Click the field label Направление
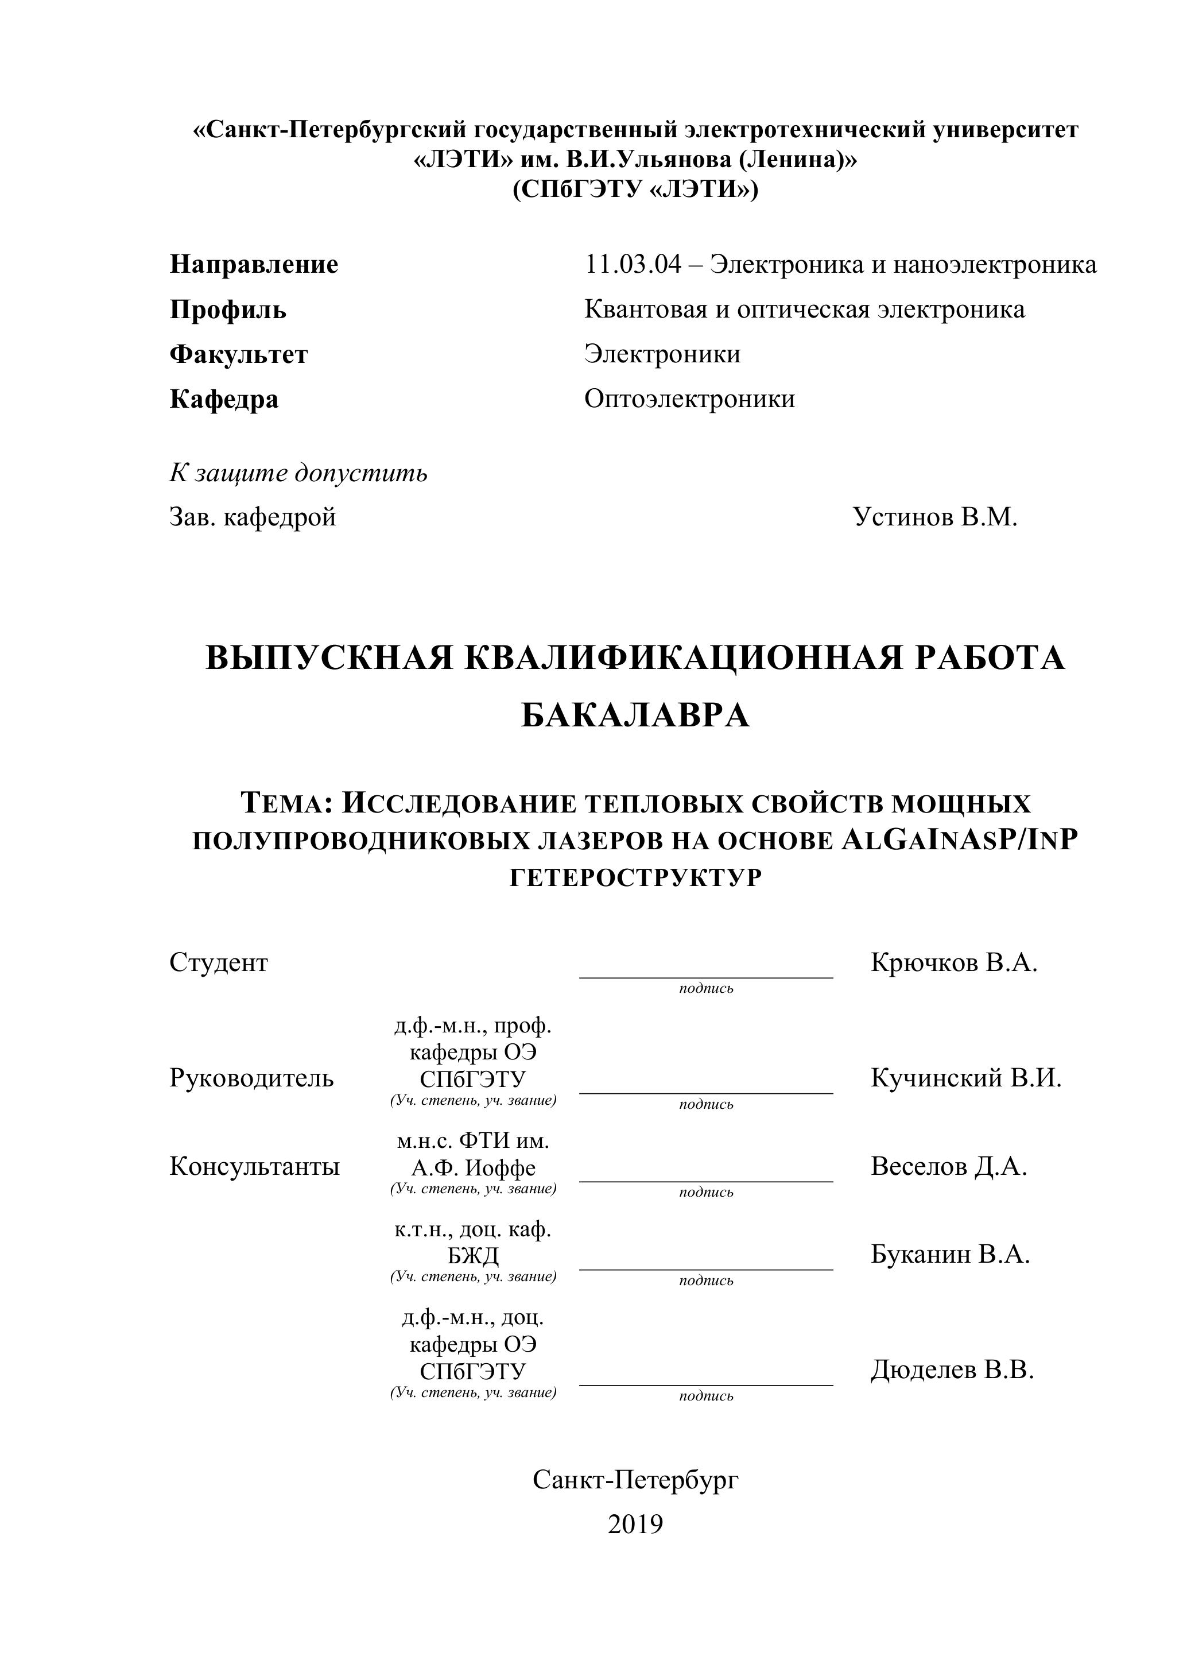pyautogui.click(x=254, y=265)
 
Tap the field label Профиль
pyautogui.click(x=228, y=310)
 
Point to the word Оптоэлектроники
pyautogui.click(x=689, y=399)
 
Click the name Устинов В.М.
pyautogui.click(x=935, y=518)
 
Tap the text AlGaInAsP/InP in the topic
pyautogui.click(x=960, y=841)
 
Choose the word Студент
pyautogui.click(x=219, y=963)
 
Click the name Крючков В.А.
pyautogui.click(x=954, y=963)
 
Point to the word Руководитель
pyautogui.click(x=251, y=1078)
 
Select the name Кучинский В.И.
pyautogui.click(x=965, y=1078)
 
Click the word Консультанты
pyautogui.click(x=254, y=1167)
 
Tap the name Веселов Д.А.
pyautogui.click(x=949, y=1167)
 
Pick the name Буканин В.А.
pyautogui.click(x=950, y=1255)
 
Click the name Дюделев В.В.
pyautogui.click(x=952, y=1371)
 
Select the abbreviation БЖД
pyautogui.click(x=473, y=1256)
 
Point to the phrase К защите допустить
pyautogui.click(x=298, y=474)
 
